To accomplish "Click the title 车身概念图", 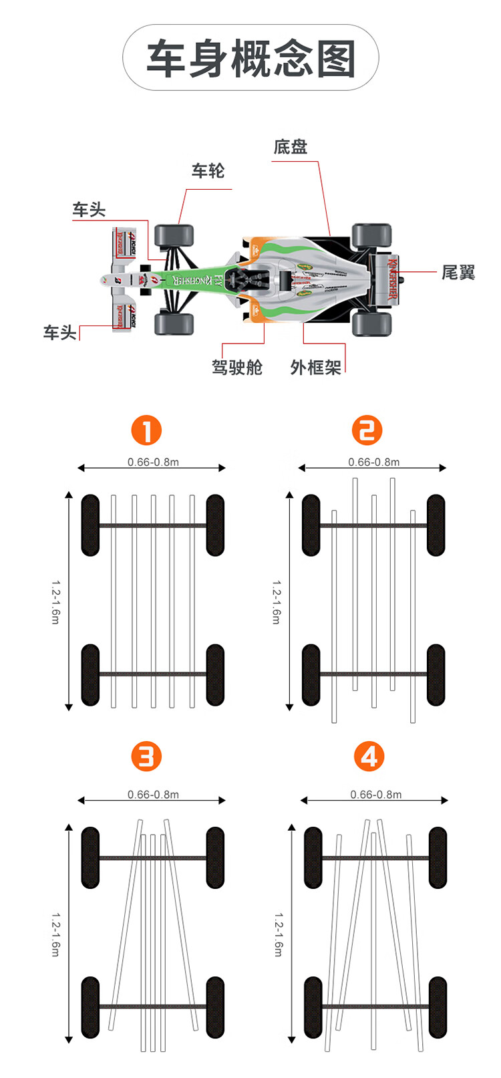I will coord(251,58).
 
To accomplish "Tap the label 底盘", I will coord(291,147).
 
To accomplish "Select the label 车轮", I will coord(208,171).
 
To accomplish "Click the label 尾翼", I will coord(458,273).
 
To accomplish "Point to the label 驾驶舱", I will coord(237,367).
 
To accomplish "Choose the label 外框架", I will coord(315,367).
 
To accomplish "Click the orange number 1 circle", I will coord(146,430).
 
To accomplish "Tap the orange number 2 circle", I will coord(367,430).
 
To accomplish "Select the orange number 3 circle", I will coord(146,757).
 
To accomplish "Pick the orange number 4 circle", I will coord(369,757).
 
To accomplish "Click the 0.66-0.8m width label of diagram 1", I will coord(153,462).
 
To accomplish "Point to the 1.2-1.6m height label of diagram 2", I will coord(276,601).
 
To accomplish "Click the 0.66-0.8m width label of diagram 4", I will coord(376,795).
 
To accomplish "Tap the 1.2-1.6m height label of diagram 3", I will coord(55,934).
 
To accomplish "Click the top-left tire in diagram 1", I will coord(90,525).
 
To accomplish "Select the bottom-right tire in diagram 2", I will coord(436,675).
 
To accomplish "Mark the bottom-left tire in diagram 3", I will coord(90,1007).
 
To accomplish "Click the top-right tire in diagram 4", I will coord(438,857).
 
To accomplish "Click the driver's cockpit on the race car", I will coord(245,279).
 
